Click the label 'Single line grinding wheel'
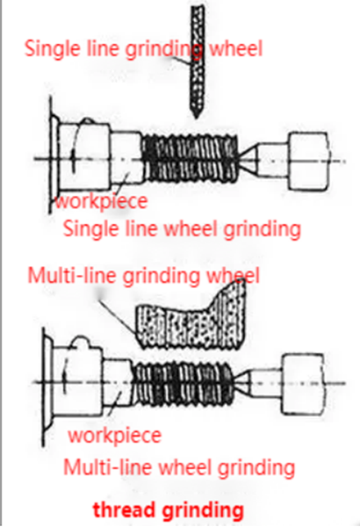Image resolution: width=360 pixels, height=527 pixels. click(143, 49)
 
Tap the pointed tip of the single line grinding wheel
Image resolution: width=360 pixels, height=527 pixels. click(197, 118)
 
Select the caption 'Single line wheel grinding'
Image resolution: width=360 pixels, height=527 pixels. click(182, 229)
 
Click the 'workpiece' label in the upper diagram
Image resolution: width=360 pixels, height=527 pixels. click(101, 202)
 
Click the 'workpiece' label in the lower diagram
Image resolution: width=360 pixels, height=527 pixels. click(115, 436)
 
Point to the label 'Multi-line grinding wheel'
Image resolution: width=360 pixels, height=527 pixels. click(143, 276)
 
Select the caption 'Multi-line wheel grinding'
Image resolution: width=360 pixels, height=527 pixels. click(179, 467)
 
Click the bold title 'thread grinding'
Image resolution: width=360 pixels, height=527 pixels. click(168, 509)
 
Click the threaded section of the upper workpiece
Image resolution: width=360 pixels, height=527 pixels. click(190, 157)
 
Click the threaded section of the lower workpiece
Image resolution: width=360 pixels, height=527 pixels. click(184, 381)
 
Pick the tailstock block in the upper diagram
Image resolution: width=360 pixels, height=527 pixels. click(308, 162)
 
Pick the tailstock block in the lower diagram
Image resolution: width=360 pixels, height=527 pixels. click(303, 384)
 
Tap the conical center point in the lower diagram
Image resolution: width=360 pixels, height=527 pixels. click(242, 382)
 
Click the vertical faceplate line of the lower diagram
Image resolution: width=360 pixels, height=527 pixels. click(44, 386)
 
